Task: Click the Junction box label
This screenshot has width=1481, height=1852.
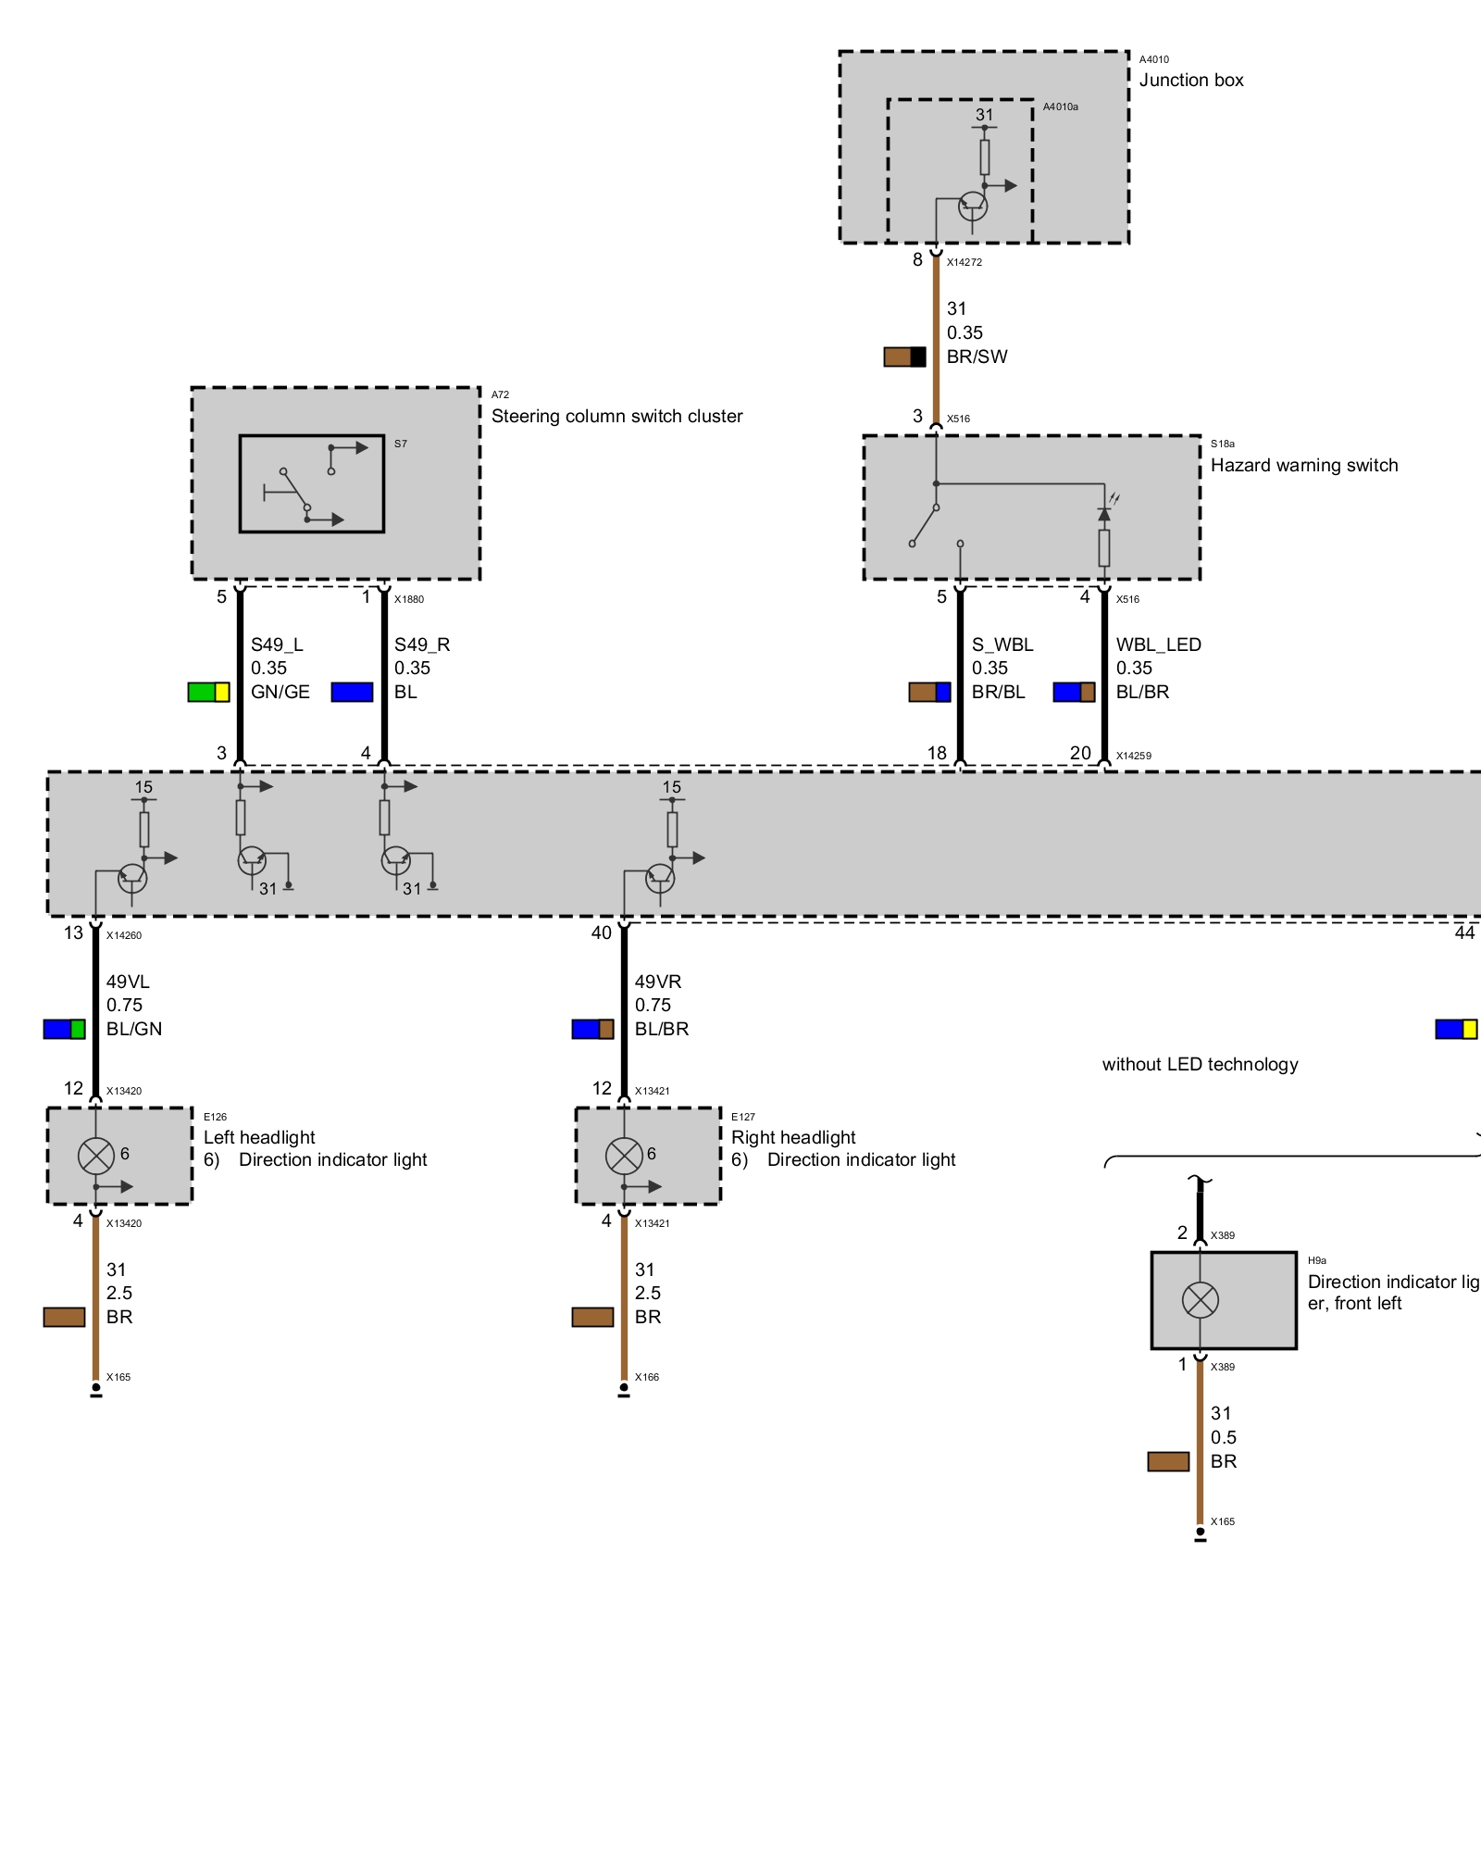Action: [x=1190, y=81]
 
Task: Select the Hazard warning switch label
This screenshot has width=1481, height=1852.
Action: [x=1304, y=465]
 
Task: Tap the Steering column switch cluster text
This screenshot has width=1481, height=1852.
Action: [x=616, y=416]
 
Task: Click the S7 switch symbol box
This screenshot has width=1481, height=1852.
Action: [x=312, y=483]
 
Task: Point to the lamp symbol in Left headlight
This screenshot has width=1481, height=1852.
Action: [x=95, y=1155]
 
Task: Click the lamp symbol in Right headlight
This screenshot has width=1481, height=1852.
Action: [x=624, y=1155]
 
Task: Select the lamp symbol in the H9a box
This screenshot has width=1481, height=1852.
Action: [x=1201, y=1300]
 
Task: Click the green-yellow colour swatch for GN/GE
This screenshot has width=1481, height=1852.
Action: [x=208, y=692]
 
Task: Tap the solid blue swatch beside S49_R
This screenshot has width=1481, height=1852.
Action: [x=352, y=692]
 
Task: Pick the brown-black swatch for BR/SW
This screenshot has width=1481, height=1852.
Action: [x=904, y=357]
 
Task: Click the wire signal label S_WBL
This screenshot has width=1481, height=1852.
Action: [x=1002, y=644]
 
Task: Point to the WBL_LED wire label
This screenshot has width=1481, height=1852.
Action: [x=1158, y=644]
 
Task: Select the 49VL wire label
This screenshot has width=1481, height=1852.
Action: [x=128, y=982]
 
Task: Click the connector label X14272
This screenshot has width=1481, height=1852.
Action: [x=965, y=262]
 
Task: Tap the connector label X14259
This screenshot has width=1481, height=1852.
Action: [x=1134, y=756]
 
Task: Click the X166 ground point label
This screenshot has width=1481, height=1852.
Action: [x=647, y=1377]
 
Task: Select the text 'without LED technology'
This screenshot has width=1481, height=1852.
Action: [x=1200, y=1064]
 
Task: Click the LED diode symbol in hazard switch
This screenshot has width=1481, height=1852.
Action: [x=1104, y=513]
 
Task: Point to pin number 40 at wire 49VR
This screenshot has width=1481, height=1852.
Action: [x=602, y=932]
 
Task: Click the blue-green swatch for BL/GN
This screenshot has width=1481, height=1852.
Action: [x=64, y=1029]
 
